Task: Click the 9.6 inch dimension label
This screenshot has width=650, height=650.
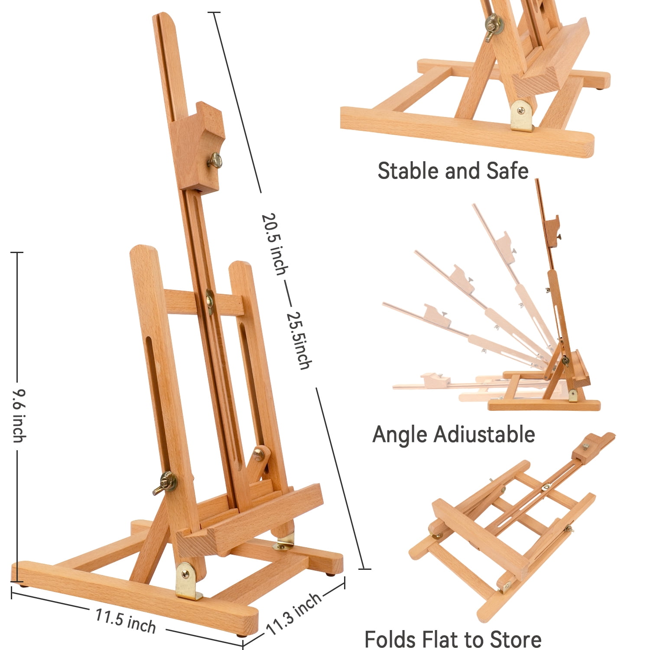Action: [x=19, y=416]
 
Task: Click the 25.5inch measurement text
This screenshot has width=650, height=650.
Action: [x=299, y=340]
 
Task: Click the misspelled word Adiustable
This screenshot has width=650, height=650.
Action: [x=484, y=434]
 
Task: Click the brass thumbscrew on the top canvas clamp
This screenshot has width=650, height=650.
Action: [x=214, y=161]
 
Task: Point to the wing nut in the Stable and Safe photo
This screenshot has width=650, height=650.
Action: [x=493, y=26]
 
